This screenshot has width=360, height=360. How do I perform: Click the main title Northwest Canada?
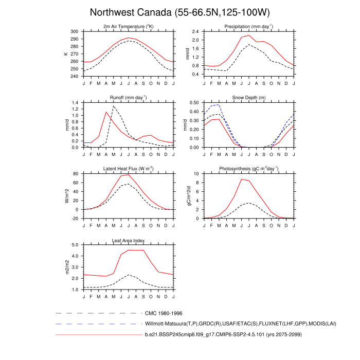pos(179,12)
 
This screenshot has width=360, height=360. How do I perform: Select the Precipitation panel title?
pos(248,26)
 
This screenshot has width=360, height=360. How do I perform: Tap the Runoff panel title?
pos(128,97)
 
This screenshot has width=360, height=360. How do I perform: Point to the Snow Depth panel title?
pos(248,97)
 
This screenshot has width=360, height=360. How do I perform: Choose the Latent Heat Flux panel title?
pos(128,168)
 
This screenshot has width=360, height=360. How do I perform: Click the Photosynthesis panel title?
pos(248,168)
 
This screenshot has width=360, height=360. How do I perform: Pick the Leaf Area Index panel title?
pos(128,240)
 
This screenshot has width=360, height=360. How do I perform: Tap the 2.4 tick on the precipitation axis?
pos(196,31)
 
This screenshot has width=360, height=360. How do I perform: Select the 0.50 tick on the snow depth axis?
pos(195,103)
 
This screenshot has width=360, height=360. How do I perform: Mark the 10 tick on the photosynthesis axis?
pos(197,174)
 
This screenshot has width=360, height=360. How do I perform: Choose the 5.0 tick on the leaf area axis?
pos(75,245)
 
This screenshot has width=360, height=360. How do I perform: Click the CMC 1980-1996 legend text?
pos(163,313)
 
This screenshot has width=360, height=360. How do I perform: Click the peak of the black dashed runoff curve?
pos(113,106)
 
